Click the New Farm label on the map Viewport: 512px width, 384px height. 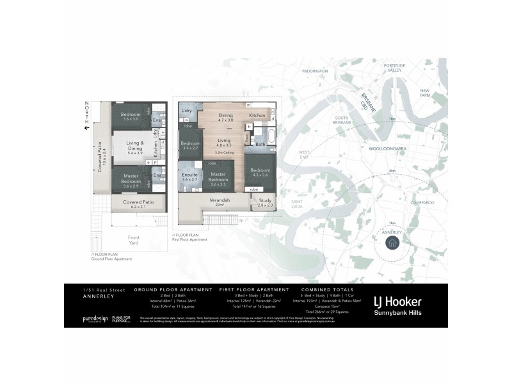pos(424,92)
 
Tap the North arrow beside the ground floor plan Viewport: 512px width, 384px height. pos(84,127)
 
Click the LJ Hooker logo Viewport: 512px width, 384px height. pos(398,303)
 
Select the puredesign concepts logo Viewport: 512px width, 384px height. pos(94,319)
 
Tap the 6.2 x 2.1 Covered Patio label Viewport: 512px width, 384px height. pos(130,205)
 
